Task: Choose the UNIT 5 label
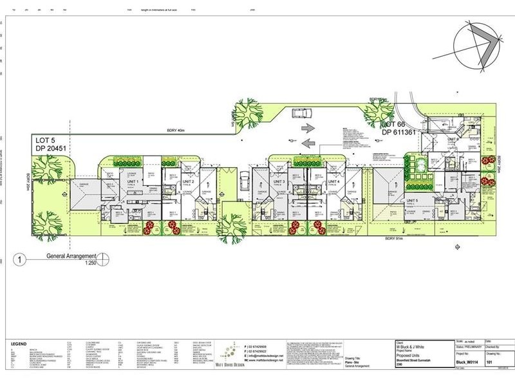coord(412,201)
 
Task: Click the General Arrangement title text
coord(71,256)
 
